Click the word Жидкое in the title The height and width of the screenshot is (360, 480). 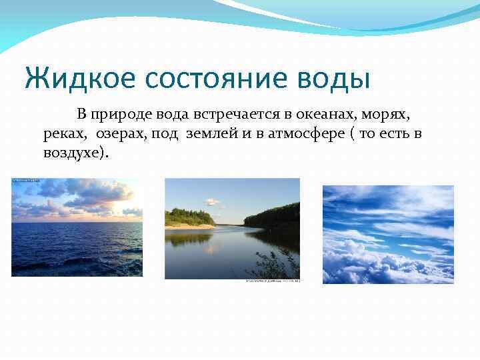[x=79, y=78]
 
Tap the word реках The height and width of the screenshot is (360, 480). [x=64, y=134]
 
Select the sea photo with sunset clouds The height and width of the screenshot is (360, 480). [x=77, y=227]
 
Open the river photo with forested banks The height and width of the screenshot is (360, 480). [x=233, y=229]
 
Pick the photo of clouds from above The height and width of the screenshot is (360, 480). [x=388, y=235]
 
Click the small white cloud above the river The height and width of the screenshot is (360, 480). [x=212, y=202]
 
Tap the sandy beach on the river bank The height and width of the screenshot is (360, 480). [x=190, y=227]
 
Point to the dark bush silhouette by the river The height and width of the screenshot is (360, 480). [x=275, y=263]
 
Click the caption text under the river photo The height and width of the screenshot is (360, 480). [x=273, y=281]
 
